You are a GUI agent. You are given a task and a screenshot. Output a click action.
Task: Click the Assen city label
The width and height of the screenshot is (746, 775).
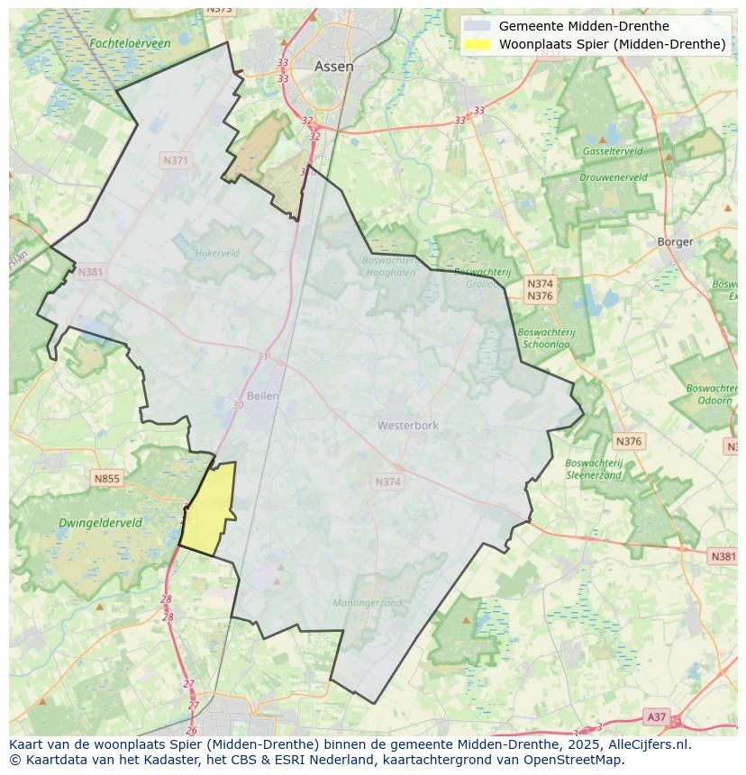(333, 67)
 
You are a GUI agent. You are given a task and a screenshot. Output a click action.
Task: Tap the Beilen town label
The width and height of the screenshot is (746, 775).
(262, 395)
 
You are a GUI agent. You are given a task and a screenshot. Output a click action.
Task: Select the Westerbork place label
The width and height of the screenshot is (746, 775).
(407, 425)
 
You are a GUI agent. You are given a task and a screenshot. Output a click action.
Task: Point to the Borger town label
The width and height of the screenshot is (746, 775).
(675, 241)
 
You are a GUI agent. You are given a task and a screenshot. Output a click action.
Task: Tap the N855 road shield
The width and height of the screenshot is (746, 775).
(106, 479)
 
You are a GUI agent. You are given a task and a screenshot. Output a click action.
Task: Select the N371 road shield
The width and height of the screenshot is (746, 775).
(176, 160)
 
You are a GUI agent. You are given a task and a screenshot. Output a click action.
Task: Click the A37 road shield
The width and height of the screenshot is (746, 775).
(657, 716)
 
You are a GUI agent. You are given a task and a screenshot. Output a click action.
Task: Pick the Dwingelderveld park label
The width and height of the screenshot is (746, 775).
(100, 522)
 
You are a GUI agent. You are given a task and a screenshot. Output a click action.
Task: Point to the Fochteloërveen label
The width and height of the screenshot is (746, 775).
(130, 43)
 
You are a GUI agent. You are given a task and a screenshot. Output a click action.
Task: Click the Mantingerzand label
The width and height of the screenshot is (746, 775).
(367, 603)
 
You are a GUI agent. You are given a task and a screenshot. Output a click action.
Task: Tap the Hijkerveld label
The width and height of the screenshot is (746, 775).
(217, 254)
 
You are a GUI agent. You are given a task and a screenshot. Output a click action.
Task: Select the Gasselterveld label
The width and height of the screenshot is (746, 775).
(612, 151)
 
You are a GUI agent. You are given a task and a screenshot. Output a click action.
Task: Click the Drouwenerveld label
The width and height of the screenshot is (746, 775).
(613, 177)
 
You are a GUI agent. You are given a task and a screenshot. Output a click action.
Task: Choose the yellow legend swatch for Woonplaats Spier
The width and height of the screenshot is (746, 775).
(478, 44)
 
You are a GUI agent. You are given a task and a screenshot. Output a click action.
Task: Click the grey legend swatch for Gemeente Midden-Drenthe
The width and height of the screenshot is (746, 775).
(478, 26)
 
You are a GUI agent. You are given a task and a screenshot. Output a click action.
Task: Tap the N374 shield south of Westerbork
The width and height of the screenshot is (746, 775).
(387, 482)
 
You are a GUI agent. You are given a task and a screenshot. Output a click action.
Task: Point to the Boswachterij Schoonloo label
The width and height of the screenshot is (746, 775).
(547, 338)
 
